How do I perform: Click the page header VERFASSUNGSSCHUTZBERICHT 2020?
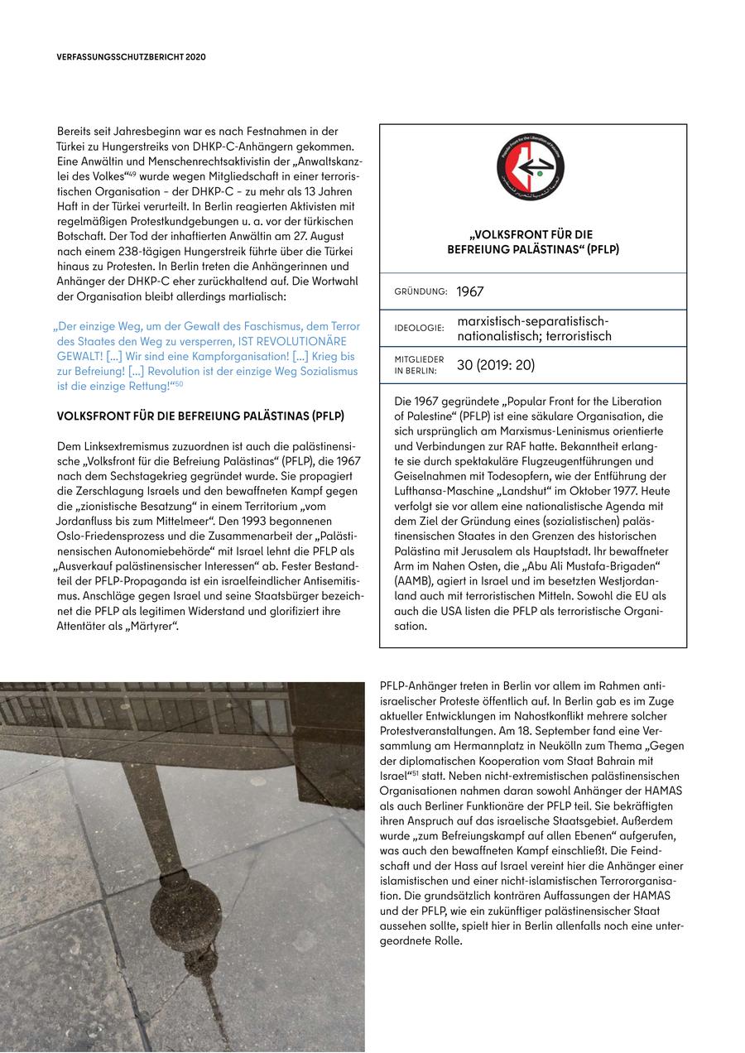[x=131, y=57]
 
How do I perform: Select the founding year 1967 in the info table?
[x=469, y=291]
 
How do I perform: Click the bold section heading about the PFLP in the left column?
[x=200, y=416]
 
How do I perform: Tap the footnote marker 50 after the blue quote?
[x=178, y=384]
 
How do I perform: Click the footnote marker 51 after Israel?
[x=416, y=776]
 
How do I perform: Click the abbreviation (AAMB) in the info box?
[x=416, y=580]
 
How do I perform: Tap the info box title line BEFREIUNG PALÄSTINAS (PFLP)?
[x=532, y=249]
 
